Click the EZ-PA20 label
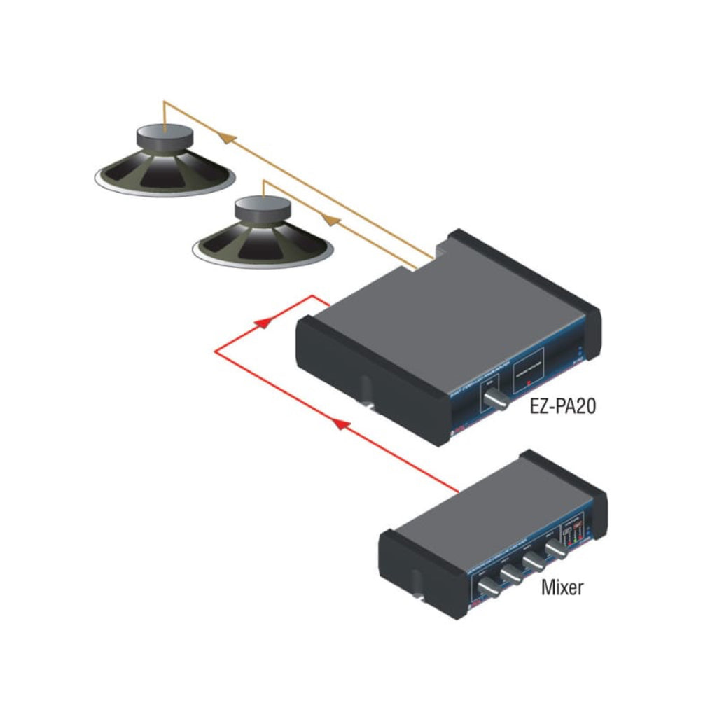(563, 406)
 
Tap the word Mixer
(562, 587)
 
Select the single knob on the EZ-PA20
(499, 403)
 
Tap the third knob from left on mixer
(536, 562)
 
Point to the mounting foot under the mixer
(417, 585)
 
